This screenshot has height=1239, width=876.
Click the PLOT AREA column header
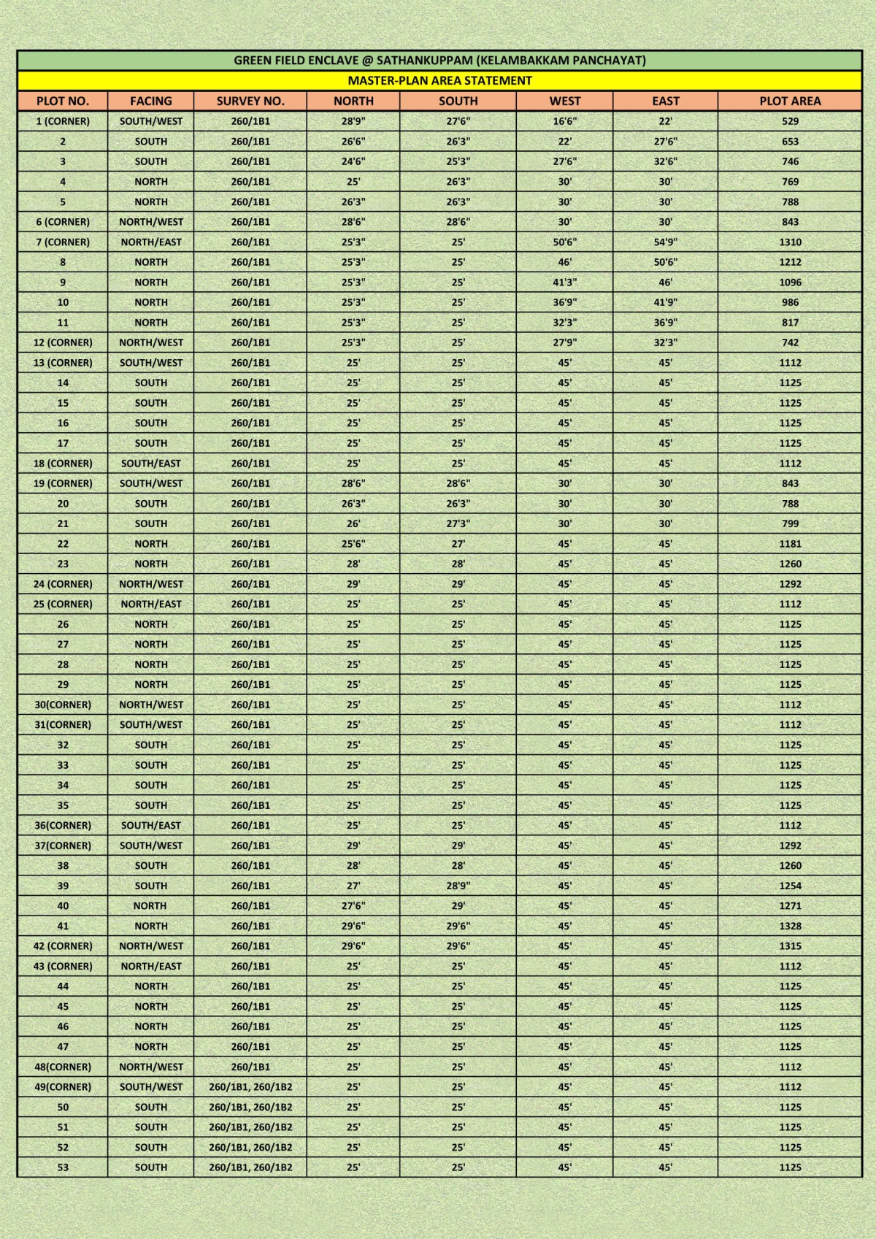(790, 101)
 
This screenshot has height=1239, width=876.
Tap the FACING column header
(151, 101)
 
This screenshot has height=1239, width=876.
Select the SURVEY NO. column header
(250, 101)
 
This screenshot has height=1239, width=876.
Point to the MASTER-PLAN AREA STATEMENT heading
(439, 80)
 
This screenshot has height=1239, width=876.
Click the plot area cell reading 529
(790, 121)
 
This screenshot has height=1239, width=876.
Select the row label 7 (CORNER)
(63, 242)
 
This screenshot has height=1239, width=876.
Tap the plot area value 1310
(790, 242)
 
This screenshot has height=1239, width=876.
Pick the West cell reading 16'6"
(565, 121)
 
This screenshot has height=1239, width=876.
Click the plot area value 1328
(790, 926)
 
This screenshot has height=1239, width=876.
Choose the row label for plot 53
(63, 1167)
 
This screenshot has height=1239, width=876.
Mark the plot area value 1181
(790, 544)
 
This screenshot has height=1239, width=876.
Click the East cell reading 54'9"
(665, 242)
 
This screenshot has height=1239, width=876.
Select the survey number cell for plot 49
(250, 1087)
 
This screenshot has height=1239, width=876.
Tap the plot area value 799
(790, 523)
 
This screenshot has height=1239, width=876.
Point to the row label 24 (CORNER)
(63, 584)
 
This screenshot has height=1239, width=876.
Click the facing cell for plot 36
(151, 826)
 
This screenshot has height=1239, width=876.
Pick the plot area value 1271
(790, 906)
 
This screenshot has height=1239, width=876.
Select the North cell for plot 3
(353, 161)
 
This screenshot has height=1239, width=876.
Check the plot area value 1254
(790, 886)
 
